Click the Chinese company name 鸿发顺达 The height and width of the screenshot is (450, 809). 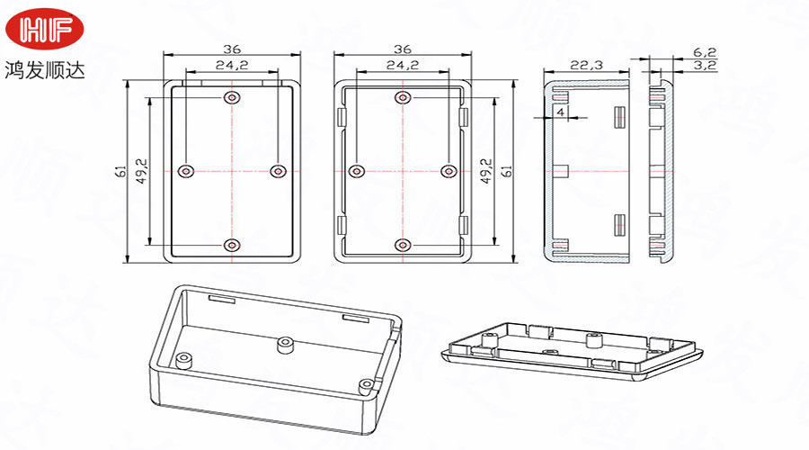pyautogui.click(x=44, y=69)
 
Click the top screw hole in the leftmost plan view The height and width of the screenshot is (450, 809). pyautogui.click(x=233, y=97)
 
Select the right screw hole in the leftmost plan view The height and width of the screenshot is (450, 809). pyautogui.click(x=277, y=170)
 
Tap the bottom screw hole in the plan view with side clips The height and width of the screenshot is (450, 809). pyautogui.click(x=402, y=245)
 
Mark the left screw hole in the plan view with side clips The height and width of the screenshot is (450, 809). pyautogui.click(x=358, y=170)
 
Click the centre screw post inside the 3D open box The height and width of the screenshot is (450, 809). pyautogui.click(x=287, y=343)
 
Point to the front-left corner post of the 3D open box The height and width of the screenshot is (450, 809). pyautogui.click(x=184, y=359)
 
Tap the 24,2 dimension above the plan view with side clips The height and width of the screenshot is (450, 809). pyautogui.click(x=402, y=65)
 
